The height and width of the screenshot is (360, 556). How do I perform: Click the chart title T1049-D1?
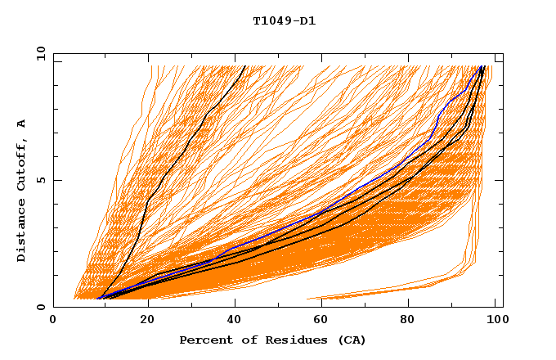click(x=284, y=20)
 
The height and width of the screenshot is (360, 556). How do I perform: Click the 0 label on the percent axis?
click(x=54, y=321)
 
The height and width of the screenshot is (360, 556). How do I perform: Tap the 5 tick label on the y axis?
click(x=39, y=180)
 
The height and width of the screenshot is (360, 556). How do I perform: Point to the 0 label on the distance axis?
click(x=39, y=307)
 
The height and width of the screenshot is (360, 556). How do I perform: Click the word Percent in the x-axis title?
click(x=204, y=340)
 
